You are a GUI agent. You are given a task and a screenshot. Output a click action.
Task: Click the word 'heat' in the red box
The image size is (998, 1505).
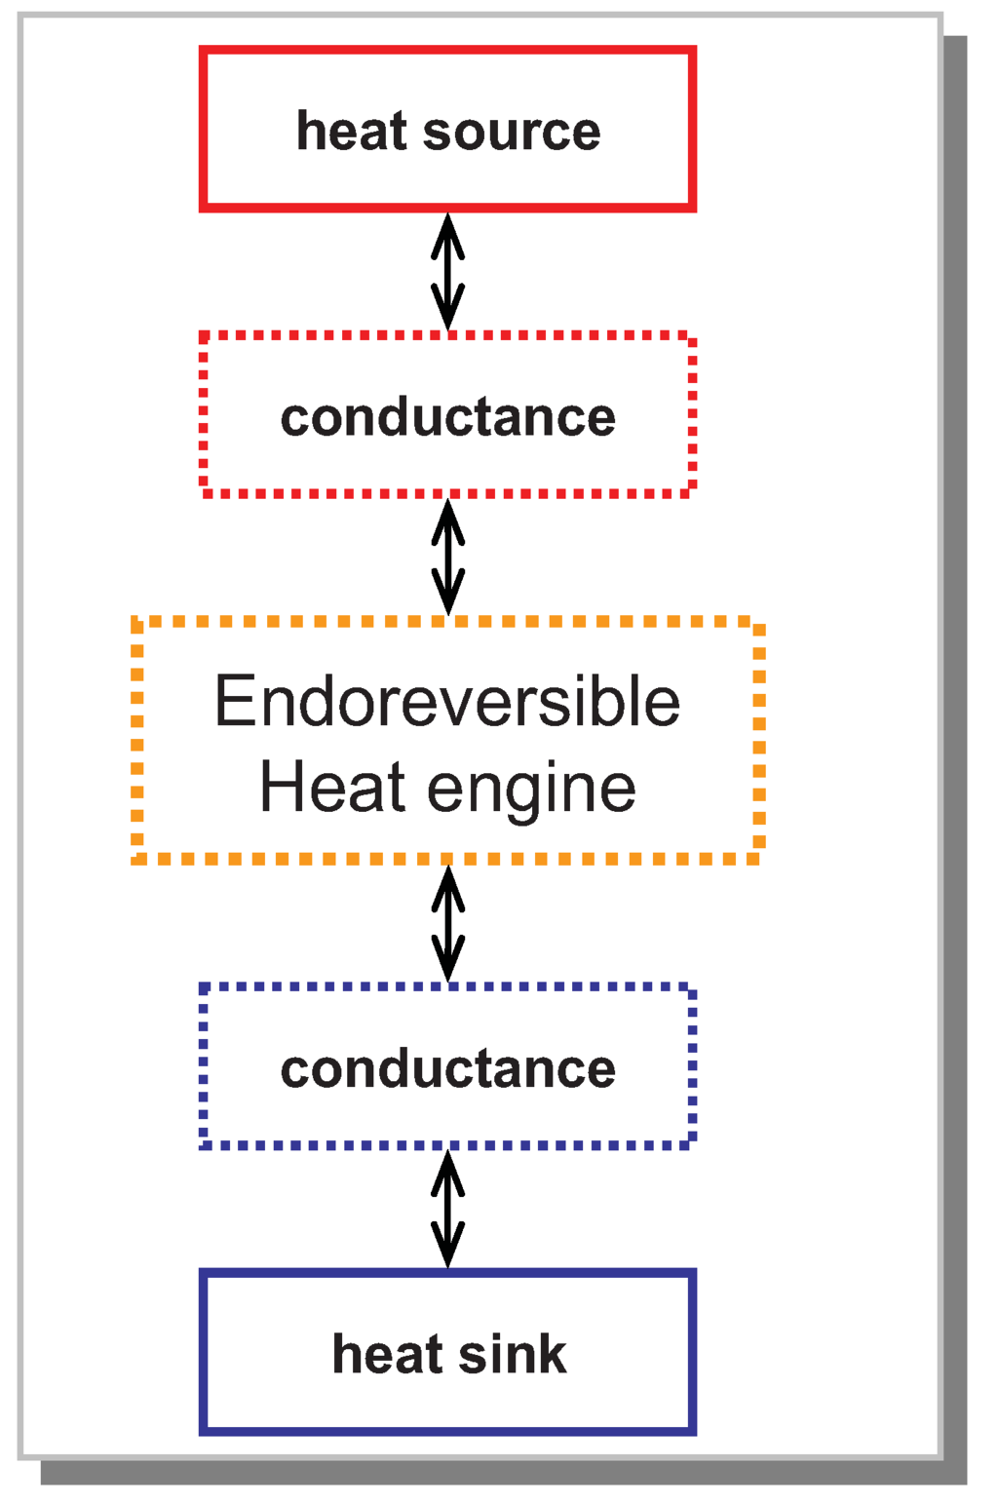coord(351,131)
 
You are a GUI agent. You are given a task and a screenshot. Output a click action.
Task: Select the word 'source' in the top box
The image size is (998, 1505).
coord(511,133)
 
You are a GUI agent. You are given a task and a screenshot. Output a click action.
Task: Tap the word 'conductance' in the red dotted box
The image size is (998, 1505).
coord(447,417)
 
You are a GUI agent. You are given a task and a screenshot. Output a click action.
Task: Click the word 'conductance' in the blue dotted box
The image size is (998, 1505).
coord(447,1069)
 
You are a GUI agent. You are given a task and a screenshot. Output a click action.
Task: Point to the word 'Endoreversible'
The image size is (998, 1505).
coord(446,702)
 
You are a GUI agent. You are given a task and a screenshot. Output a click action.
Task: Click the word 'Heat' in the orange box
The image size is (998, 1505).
coord(331,787)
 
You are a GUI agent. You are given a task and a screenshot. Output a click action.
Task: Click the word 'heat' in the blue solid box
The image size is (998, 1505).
coord(387,1354)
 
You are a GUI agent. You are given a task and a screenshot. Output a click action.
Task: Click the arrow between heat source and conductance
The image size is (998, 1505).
coord(447,272)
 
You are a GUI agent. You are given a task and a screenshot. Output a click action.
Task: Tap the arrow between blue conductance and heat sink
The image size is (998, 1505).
coord(447,1209)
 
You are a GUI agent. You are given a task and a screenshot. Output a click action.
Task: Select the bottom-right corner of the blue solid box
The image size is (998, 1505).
coord(692,1431)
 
